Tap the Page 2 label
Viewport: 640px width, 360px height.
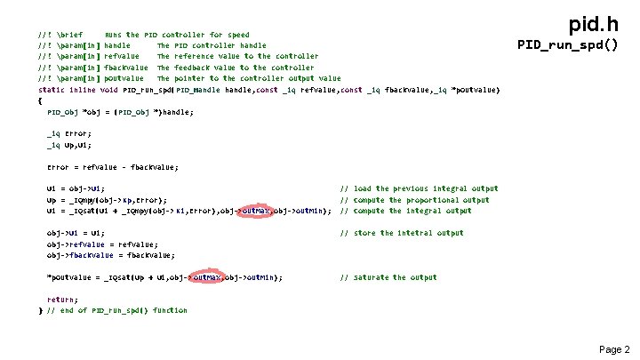[613, 349]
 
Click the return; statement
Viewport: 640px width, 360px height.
[62, 300]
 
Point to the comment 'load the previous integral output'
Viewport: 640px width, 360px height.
[419, 188]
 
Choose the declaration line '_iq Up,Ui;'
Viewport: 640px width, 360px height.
[68, 144]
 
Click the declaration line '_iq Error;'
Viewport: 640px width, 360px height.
[67, 133]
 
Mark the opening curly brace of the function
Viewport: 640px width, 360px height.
[41, 100]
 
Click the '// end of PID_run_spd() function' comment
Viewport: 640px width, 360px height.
[117, 310]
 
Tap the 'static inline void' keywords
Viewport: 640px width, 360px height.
[78, 90]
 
